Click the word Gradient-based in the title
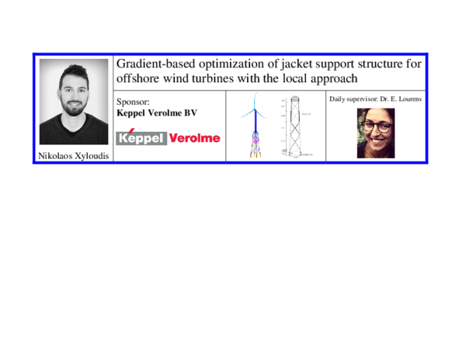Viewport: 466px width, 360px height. click(154, 64)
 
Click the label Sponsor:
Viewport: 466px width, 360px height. click(132, 101)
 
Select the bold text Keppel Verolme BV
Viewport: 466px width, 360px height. click(157, 112)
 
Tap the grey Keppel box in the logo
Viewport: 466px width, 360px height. click(141, 138)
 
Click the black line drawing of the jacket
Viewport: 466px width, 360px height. click(296, 128)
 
